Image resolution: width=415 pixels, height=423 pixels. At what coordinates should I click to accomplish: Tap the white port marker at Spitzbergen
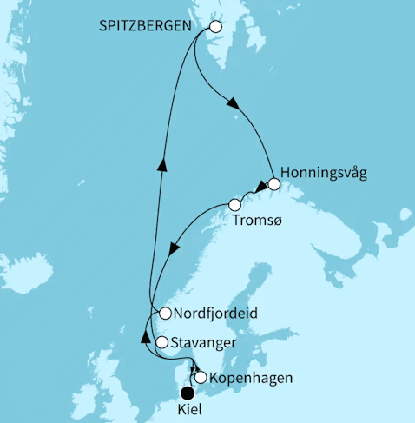pyautogui.click(x=216, y=27)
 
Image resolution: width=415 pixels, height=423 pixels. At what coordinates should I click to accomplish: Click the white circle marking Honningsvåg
pyautogui.click(x=274, y=183)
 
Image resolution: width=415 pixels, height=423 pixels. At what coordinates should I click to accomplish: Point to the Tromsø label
pyautogui.click(x=256, y=221)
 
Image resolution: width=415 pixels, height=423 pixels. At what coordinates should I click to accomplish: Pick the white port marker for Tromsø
pyautogui.click(x=234, y=205)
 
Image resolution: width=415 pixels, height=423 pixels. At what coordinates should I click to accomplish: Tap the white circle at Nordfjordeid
pyautogui.click(x=164, y=313)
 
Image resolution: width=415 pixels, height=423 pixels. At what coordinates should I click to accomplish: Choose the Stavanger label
pyautogui.click(x=203, y=342)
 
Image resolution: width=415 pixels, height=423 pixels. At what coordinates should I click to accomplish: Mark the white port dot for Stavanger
pyautogui.click(x=161, y=342)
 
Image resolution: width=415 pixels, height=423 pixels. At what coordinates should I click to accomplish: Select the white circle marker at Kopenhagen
pyautogui.click(x=201, y=378)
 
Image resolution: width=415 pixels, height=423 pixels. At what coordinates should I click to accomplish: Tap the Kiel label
pyautogui.click(x=188, y=408)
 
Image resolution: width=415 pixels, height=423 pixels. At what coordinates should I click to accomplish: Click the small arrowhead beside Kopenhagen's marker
pyautogui.click(x=194, y=369)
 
